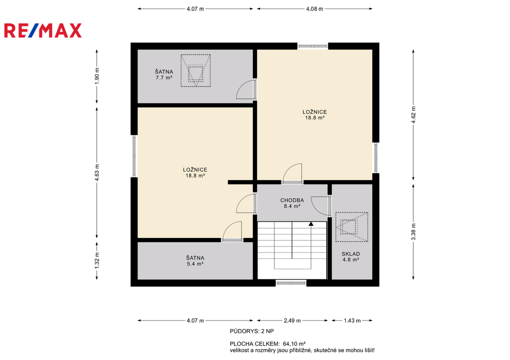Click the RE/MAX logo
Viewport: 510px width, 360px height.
[43, 30]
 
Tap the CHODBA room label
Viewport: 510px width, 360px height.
[292, 200]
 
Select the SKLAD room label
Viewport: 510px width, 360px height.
[351, 254]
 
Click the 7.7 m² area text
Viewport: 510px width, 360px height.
[164, 78]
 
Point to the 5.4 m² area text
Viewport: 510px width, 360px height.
[195, 264]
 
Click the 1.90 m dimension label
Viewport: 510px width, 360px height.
[97, 76]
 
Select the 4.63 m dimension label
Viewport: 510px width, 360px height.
[97, 172]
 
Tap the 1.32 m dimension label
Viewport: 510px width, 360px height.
[97, 261]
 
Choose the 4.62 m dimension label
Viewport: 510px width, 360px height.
[413, 115]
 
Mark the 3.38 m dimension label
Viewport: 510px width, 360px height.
[413, 232]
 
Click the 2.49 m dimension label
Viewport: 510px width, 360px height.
[292, 321]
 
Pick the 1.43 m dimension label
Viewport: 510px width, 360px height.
[352, 321]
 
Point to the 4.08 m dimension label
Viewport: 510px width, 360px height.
[315, 9]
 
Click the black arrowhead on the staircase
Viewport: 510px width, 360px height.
[311, 224]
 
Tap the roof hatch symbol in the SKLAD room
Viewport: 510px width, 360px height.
[352, 227]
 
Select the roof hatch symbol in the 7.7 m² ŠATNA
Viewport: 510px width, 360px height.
[195, 71]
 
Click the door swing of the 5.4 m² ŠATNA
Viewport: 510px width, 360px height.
[232, 231]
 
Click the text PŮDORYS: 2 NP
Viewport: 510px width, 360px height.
[252, 332]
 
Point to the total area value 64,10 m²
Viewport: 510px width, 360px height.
[294, 344]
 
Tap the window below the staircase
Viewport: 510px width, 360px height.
[291, 283]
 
